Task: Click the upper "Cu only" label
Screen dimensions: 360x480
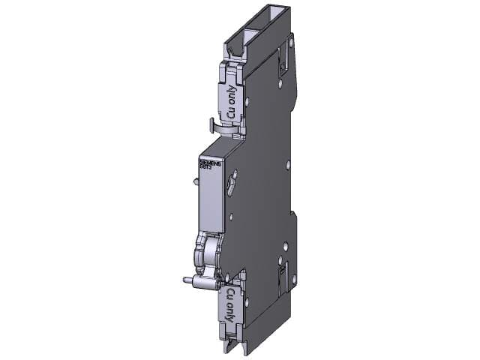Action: point(230,101)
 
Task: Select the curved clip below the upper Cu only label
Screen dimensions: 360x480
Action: point(223,127)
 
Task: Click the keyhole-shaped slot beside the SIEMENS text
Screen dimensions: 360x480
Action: point(234,180)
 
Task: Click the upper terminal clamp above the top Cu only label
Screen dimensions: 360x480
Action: point(231,67)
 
